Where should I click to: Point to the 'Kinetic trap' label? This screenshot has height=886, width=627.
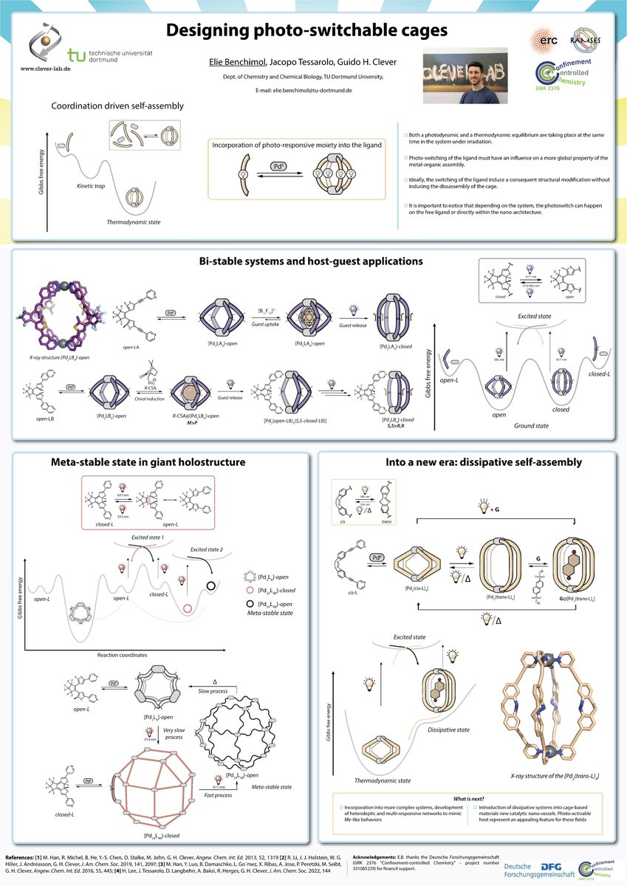(x=89, y=186)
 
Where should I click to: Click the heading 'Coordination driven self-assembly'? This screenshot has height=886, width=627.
(x=117, y=106)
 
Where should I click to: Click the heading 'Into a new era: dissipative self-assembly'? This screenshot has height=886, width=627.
(x=473, y=463)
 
